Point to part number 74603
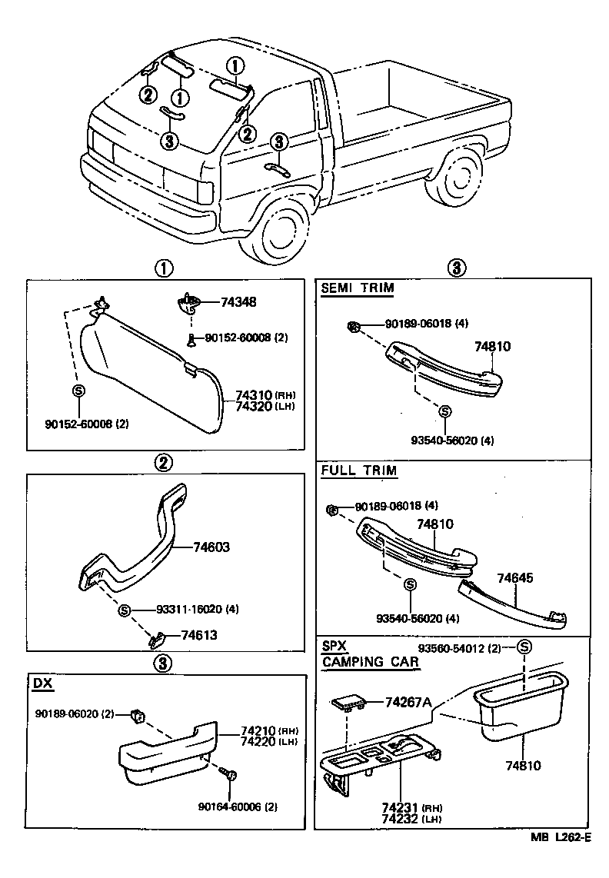211,547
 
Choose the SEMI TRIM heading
357,288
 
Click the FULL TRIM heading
358,471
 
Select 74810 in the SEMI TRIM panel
492,348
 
